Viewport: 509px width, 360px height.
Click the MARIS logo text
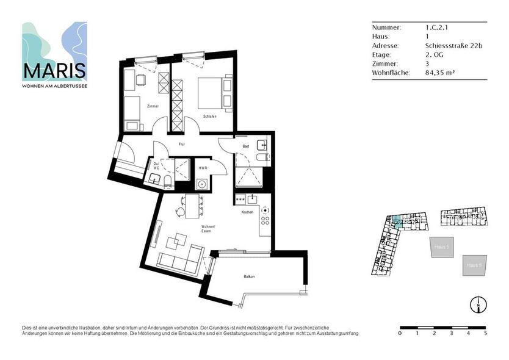[x=54, y=71]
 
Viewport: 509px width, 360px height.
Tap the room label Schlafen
[x=210, y=116]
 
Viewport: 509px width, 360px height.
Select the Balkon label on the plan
[x=249, y=277]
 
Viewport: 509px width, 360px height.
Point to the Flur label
[x=181, y=144]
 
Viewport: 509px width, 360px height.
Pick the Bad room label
[x=245, y=146]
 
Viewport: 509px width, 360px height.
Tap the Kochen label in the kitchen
[x=247, y=212]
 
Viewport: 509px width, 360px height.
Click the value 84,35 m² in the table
[x=440, y=72]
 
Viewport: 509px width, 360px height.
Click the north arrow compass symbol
[x=476, y=303]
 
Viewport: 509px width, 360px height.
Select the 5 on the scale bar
[x=486, y=334]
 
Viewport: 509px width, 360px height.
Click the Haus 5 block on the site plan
[x=441, y=247]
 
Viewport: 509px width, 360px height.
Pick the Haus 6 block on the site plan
[x=475, y=265]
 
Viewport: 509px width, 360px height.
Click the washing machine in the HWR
[x=202, y=184]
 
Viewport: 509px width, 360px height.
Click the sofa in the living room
[x=181, y=260]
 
